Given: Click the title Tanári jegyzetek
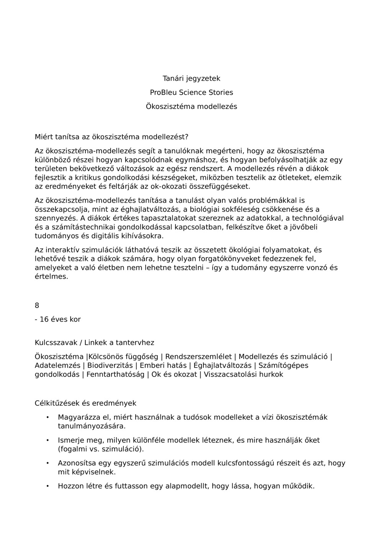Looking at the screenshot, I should tap(191, 78).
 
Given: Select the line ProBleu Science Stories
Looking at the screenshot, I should tap(191, 93).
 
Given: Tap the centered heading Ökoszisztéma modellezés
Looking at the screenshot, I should tap(191, 107).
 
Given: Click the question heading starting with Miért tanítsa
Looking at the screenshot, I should tap(111, 136).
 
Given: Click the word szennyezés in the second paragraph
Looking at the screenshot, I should tap(56, 218).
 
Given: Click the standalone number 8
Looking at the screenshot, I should tap(37, 305).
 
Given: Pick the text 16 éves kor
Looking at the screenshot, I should tap(60, 319).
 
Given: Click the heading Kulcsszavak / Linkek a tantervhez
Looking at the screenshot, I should tap(94, 343).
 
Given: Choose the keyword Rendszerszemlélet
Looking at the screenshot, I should tap(198, 357).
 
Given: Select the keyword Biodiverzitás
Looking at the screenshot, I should tap(110, 366).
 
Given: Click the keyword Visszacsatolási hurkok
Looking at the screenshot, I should tap(243, 374).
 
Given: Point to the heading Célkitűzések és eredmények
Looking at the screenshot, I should tap(85, 403).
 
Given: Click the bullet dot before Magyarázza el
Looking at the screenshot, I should tap(47, 418).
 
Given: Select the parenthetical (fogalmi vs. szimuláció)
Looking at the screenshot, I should tap(101, 449).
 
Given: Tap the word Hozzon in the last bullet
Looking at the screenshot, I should tap(70, 486).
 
